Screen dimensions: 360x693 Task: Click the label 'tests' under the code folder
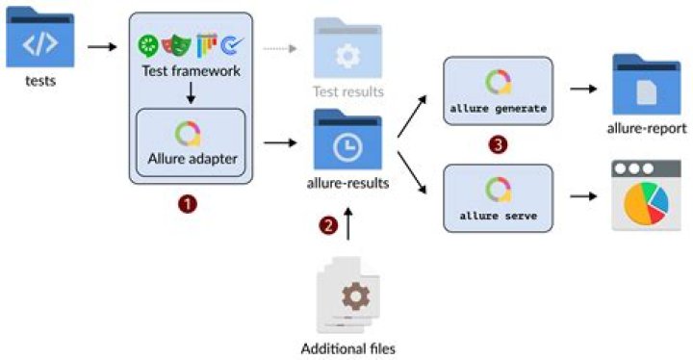[x=40, y=82]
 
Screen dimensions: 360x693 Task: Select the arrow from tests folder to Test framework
[x=101, y=45]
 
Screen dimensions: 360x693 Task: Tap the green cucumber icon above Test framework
[x=148, y=44]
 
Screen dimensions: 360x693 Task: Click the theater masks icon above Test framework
[x=176, y=44]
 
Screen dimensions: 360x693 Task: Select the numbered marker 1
[x=190, y=205]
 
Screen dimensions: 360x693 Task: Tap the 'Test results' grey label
[x=347, y=91]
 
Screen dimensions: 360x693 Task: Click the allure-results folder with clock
[x=347, y=141]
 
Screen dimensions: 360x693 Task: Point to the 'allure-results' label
[x=348, y=182]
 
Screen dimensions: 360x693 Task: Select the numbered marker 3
[x=497, y=144]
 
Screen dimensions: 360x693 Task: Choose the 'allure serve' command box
[x=498, y=197]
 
